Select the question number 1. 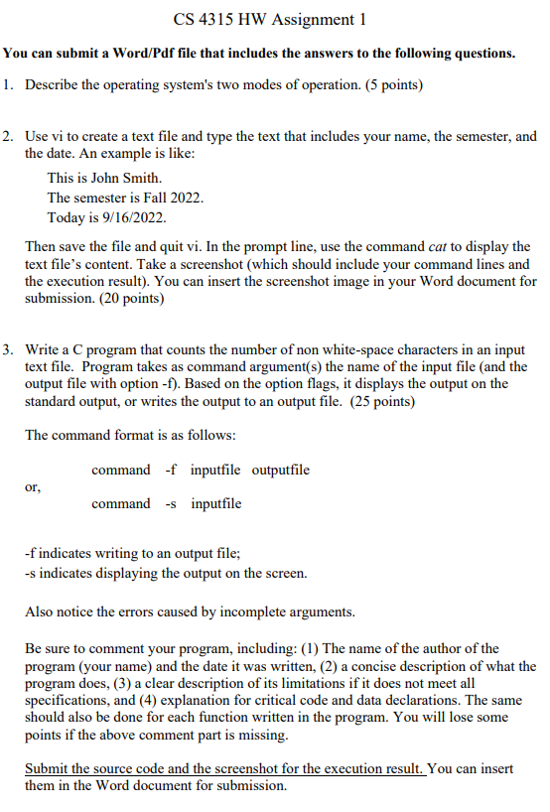click(7, 86)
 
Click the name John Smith click(126, 178)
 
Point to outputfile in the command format click(281, 470)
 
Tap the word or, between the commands click(33, 486)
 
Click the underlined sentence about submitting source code click(225, 769)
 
